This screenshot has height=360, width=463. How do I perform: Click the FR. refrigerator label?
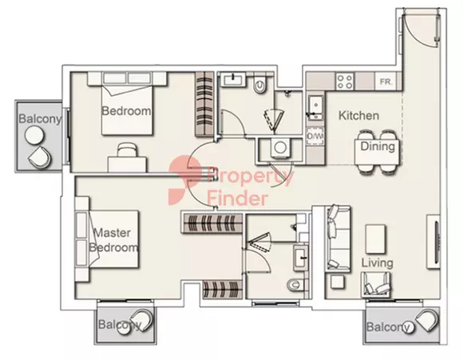point(386,81)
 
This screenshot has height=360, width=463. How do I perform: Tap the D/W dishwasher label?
point(315,136)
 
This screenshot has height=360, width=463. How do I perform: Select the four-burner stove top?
point(345,81)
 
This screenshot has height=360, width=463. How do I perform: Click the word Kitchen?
point(358,116)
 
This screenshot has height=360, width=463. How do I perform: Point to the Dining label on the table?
point(378,146)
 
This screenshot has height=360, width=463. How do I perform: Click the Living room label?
point(377,263)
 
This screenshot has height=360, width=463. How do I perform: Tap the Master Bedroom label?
point(113,240)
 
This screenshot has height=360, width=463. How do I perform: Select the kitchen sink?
point(315,108)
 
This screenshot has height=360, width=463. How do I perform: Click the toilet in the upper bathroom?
point(260,85)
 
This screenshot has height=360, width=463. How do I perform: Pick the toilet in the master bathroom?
point(295,284)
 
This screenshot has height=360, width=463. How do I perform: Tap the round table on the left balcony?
point(34,135)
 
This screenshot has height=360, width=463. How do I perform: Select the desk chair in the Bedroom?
point(127,150)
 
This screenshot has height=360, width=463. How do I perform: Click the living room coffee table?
point(375,239)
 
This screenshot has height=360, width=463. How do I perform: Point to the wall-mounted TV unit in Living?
point(433,242)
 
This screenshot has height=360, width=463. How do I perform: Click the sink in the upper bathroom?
point(234,80)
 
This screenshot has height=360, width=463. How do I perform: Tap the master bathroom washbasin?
point(301,258)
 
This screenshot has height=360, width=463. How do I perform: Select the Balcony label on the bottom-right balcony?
point(388,327)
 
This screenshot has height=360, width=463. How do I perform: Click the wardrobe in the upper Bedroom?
point(204,104)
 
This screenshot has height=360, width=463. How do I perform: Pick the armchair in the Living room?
point(375,284)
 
